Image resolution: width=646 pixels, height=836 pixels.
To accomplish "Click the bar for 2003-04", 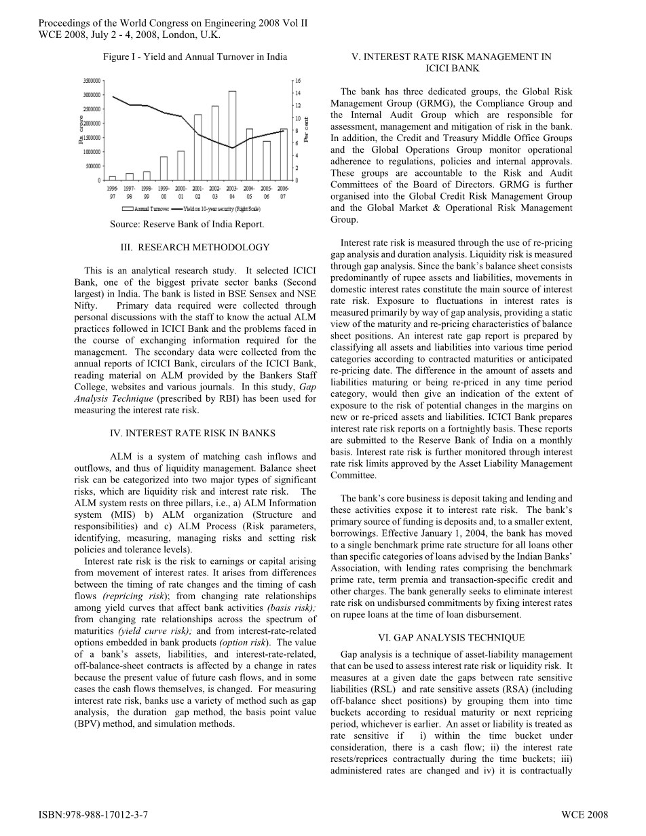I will (232, 135).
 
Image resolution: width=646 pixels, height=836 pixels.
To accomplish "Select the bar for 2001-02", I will (198, 147).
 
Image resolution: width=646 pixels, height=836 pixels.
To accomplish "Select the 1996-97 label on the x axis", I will (113, 191).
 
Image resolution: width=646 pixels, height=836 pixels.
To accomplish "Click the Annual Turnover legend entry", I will (147, 209).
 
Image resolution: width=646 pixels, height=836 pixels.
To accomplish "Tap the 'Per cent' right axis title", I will (307, 129).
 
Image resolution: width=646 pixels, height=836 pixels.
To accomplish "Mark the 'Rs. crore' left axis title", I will (81, 130).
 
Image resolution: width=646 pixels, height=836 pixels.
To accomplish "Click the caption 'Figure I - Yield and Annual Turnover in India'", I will (195, 57).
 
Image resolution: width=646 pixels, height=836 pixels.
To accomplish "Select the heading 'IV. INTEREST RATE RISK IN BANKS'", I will (192, 433).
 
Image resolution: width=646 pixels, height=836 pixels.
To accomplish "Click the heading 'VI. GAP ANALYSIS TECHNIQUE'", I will (451, 638).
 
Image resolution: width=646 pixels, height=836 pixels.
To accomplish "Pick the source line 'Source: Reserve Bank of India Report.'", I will (187, 224).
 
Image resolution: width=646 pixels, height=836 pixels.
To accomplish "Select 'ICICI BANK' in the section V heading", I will (452, 69).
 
